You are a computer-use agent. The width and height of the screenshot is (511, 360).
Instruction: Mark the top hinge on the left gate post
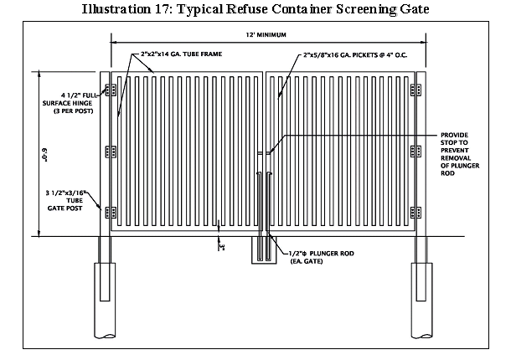click(x=108, y=90)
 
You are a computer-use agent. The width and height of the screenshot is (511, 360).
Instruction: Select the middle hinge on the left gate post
click(x=108, y=151)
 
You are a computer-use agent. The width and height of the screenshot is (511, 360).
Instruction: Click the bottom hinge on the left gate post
click(x=108, y=211)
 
